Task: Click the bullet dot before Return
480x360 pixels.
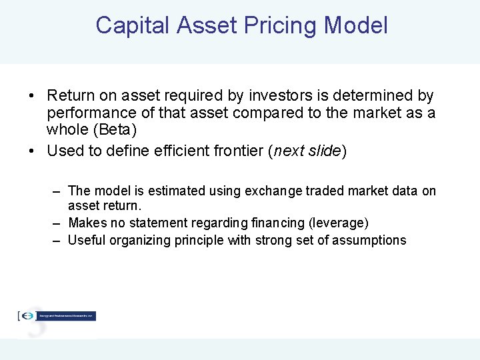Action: point(32,97)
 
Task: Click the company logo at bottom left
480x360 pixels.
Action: point(57,316)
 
